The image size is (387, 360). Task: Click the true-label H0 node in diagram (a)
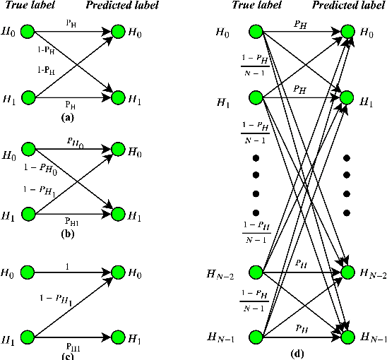[28, 32]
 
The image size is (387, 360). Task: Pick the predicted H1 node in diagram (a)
[115, 97]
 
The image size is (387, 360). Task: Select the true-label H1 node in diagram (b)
[28, 213]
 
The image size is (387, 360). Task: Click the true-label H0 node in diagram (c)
[28, 271]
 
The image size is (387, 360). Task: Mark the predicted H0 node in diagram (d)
[347, 32]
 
